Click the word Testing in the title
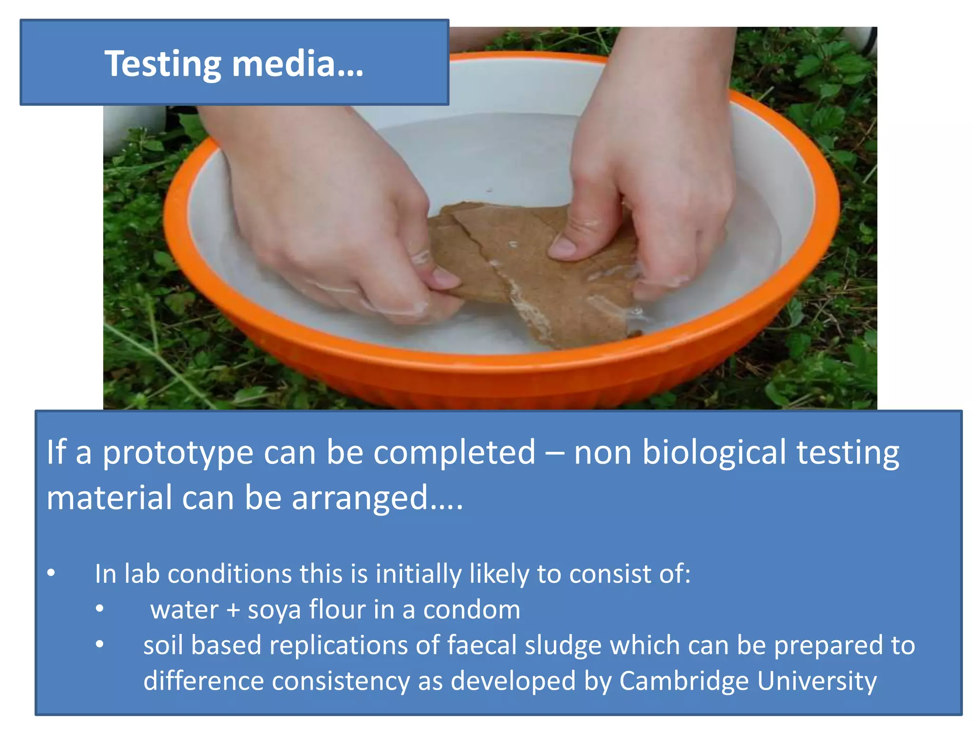pos(162,65)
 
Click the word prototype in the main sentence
pos(178,453)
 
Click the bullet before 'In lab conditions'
pos(51,573)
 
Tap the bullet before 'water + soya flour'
pos(99,609)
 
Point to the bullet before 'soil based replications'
pos(99,644)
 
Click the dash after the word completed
pos(554,453)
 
